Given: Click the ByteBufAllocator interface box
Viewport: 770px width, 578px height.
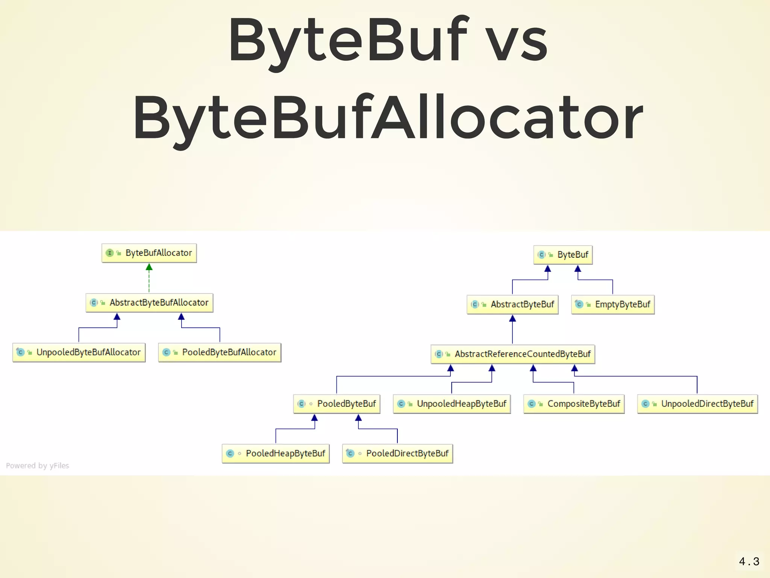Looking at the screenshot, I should coord(149,253).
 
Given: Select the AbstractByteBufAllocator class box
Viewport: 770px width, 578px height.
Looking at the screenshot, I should coord(150,303).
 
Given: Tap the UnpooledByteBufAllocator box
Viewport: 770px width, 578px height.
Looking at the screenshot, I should coord(79,353).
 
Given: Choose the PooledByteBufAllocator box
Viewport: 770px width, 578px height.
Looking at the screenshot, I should coord(220,353).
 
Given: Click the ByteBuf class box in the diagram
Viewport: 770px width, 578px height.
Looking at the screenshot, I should coord(563,255).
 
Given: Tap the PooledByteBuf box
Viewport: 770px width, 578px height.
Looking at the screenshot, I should coord(337,404).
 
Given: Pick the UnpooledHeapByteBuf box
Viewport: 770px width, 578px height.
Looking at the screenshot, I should coord(452,404).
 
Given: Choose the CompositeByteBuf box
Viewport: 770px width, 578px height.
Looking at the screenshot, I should coord(574,404).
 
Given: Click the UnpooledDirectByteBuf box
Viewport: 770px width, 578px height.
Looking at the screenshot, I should coord(697,404).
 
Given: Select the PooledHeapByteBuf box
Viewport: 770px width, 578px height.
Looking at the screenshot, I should coord(276,454).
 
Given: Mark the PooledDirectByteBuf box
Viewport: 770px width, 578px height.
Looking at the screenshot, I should coord(397,454).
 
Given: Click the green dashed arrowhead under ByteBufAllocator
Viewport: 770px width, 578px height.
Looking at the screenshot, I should coord(149,267).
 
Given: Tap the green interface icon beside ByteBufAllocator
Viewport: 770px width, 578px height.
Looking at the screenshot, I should coord(109,253).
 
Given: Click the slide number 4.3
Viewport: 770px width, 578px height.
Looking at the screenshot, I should coord(749,562).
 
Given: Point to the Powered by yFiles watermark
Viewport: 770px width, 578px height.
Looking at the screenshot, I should coord(38,466).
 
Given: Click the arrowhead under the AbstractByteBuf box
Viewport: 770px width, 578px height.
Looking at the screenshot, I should coord(512,319).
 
